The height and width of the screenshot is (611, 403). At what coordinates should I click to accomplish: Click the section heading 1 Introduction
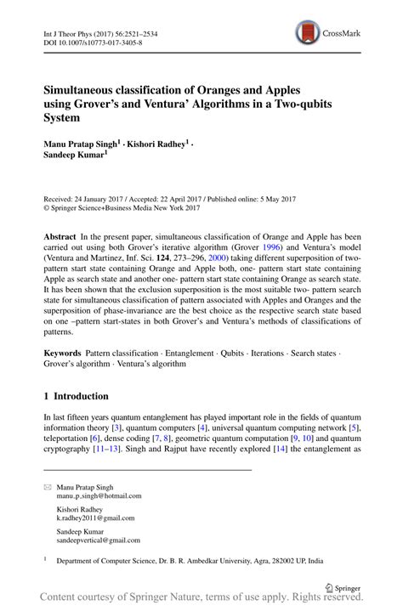click(77, 397)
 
